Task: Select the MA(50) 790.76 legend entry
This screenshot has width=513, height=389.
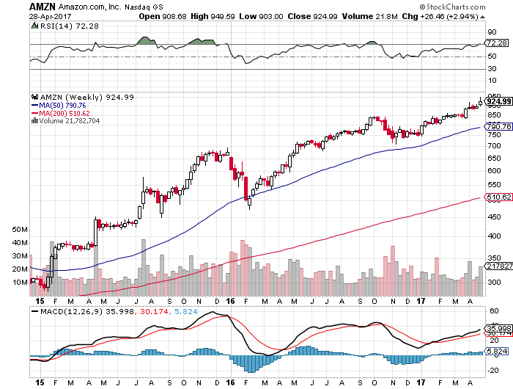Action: (61, 105)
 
